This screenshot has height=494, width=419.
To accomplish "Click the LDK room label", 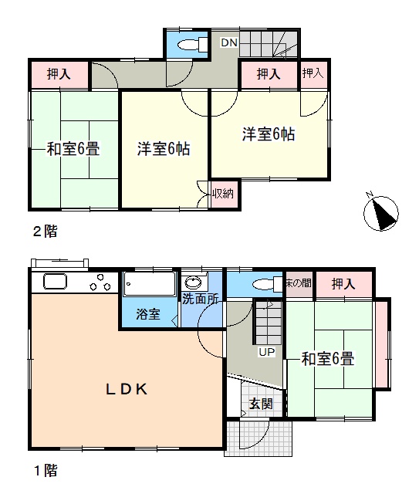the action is pos(127,390).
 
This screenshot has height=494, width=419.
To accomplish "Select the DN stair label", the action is pos(229,42).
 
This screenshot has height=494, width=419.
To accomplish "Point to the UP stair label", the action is pos(267,352).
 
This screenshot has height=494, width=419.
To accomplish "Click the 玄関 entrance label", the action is pos(261,404).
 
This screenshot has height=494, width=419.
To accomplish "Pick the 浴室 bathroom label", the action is pos(148,314).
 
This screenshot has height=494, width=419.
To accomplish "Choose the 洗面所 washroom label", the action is pos(201,299).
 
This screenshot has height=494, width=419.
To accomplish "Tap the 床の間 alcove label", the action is pos(299,283).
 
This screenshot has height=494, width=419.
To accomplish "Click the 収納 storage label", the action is pos(223,194).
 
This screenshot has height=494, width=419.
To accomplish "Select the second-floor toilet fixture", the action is pos(192,45).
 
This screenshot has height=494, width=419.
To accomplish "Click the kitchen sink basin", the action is pos(55,281).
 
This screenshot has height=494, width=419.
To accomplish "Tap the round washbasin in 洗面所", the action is pos(194,283).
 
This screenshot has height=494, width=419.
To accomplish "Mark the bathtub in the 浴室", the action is pos(150,284).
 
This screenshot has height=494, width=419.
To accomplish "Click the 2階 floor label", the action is pos(46,232).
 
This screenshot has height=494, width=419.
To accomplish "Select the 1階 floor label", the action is pos(46,471).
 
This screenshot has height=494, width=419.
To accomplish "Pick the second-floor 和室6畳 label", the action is pos(73,149).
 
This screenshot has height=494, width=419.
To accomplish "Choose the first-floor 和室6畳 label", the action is pos(328,358).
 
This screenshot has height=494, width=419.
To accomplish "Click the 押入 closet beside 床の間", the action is pos(343,284).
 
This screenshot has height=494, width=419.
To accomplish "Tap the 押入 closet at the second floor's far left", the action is pos(59,74).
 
